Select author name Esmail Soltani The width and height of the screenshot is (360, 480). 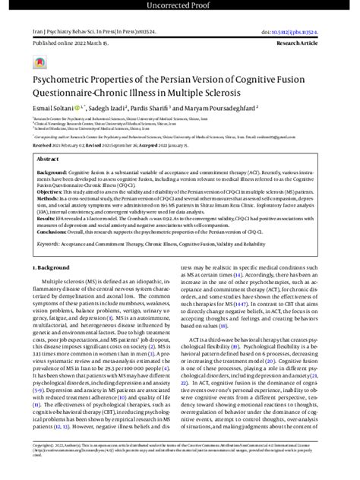[52, 109]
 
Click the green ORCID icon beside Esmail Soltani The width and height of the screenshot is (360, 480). [77, 109]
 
